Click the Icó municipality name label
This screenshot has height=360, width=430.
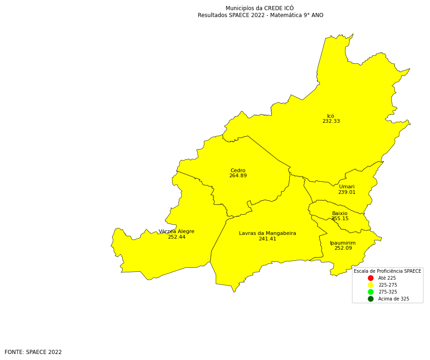click(331, 116)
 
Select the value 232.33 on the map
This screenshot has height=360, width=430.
click(331, 121)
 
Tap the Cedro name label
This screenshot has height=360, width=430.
click(238, 171)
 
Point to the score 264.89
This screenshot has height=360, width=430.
click(238, 176)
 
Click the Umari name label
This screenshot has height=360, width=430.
click(347, 187)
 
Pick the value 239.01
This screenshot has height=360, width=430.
click(347, 192)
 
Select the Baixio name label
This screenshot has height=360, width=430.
click(340, 214)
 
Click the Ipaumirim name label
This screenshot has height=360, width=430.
click(343, 243)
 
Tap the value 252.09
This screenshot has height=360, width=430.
click(343, 248)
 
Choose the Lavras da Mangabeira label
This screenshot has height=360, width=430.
click(268, 234)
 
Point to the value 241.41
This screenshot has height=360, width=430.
click(268, 239)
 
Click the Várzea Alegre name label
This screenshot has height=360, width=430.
click(177, 232)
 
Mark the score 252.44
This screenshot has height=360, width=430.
click(177, 237)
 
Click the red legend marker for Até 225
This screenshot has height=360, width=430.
click(370, 278)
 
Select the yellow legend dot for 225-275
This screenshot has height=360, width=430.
click(370, 285)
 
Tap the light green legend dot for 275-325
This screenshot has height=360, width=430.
click(370, 292)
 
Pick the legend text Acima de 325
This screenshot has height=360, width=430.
click(394, 299)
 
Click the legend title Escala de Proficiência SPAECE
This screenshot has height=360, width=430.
click(388, 271)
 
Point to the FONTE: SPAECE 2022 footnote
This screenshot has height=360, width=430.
click(33, 352)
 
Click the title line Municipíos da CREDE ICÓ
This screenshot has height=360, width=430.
click(260, 8)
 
